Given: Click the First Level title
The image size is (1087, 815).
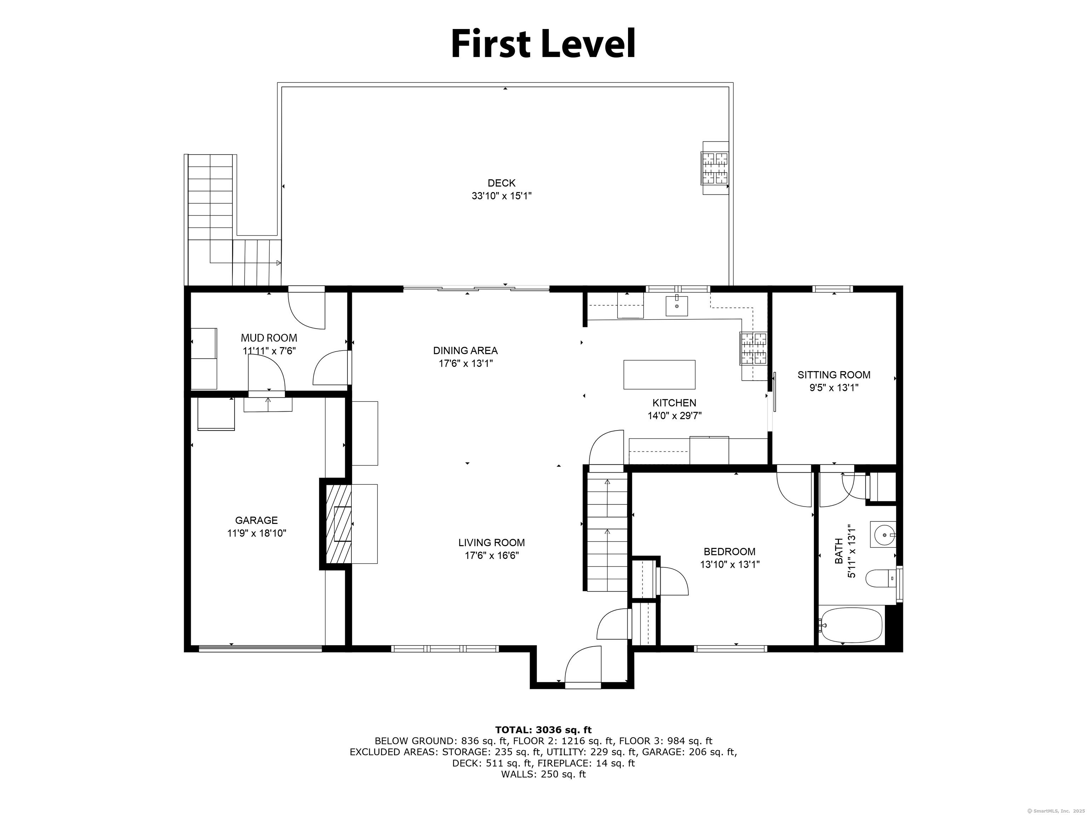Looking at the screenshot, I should [543, 44].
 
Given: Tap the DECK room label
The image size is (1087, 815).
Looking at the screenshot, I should [501, 183].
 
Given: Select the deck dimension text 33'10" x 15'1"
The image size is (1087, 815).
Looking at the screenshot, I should [501, 196].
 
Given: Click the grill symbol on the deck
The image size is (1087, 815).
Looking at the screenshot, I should [714, 168].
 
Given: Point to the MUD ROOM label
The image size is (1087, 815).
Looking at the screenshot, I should [269, 338].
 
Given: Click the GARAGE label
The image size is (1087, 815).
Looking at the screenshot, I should [256, 520].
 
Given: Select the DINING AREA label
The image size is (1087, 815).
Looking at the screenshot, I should [465, 351].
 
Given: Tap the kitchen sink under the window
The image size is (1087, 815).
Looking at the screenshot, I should [677, 306].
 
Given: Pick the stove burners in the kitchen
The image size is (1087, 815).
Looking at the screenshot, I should [753, 348].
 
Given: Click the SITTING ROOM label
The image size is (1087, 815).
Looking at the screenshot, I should [833, 375].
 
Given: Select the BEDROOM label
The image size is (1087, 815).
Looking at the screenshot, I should [729, 552].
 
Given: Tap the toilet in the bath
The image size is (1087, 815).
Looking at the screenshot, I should [881, 579].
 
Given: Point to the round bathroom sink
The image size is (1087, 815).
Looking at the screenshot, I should [884, 534].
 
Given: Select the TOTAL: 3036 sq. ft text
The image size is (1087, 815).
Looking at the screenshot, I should [543, 730].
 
